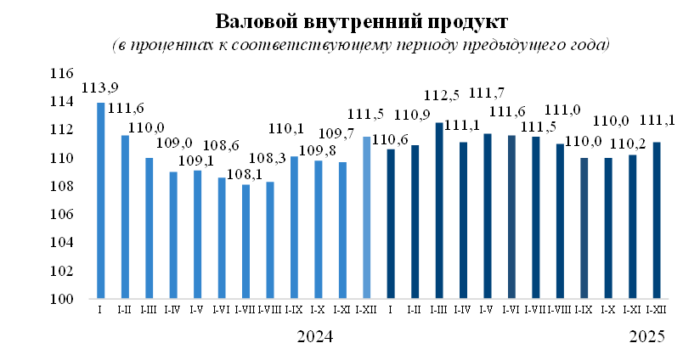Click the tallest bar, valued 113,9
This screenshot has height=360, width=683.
[100, 201]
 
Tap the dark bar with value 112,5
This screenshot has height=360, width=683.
[439, 211]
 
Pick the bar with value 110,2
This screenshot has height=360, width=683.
[631, 227]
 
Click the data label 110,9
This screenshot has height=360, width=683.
[413, 114]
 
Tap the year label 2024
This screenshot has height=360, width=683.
[316, 337]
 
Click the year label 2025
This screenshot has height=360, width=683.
[648, 337]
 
